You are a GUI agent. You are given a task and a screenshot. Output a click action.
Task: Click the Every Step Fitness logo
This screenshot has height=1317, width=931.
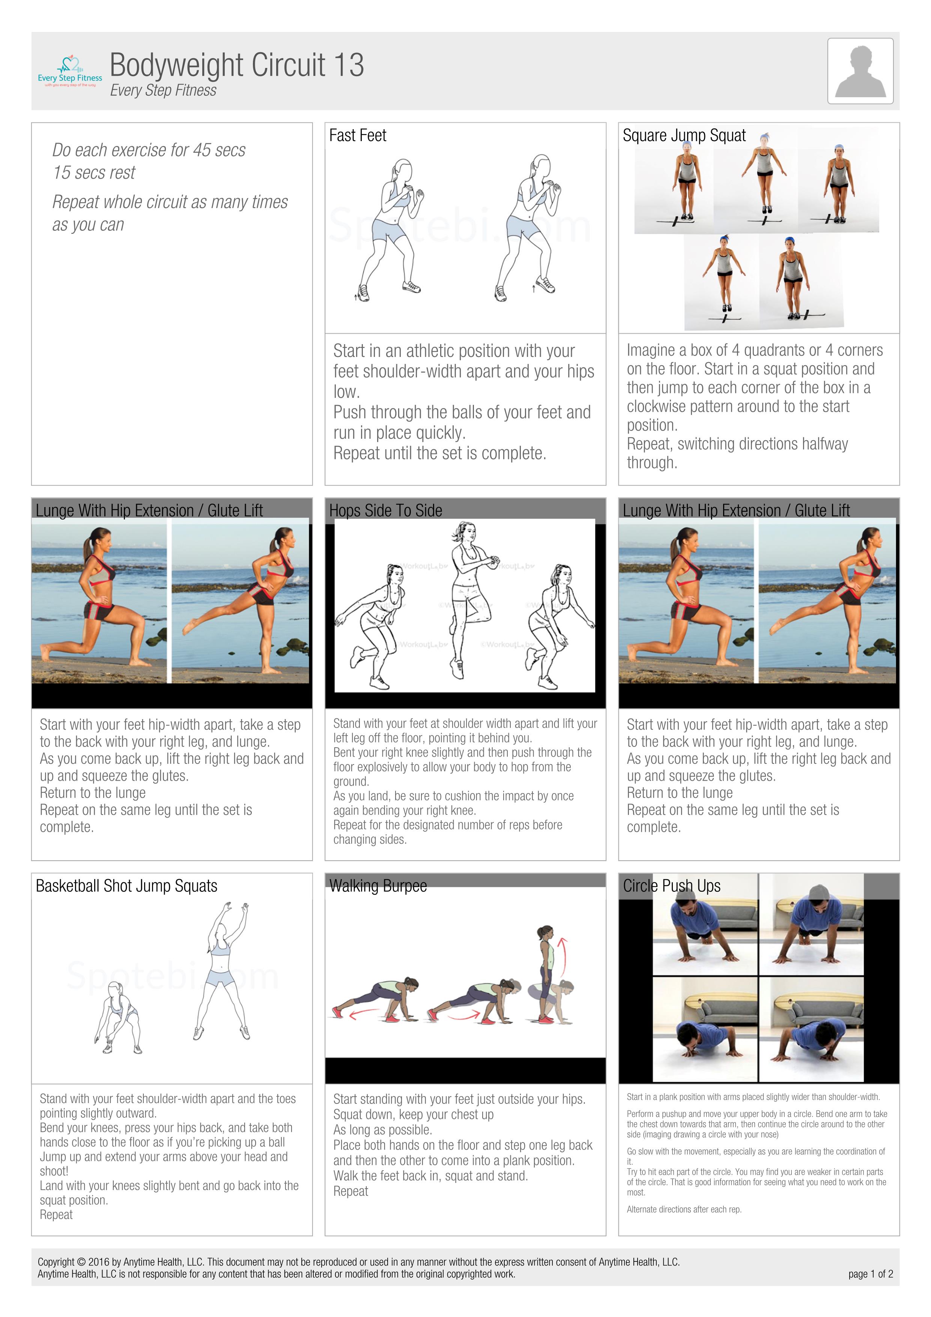(x=70, y=72)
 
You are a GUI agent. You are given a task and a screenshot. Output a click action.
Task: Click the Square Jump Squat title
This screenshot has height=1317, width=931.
(x=684, y=135)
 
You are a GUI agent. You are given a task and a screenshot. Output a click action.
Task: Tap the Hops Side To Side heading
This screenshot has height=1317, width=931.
(x=385, y=510)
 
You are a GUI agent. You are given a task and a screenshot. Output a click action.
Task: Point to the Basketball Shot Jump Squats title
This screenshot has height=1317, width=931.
(x=126, y=886)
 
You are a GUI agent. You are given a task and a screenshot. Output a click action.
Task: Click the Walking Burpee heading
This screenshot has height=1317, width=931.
(x=378, y=886)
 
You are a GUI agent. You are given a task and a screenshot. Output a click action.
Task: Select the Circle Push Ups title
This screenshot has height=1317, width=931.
(x=671, y=886)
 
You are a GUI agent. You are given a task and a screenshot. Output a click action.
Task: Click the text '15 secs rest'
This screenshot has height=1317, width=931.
(x=94, y=173)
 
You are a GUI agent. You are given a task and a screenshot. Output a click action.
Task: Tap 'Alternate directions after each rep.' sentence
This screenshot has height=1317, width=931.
(x=684, y=1209)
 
